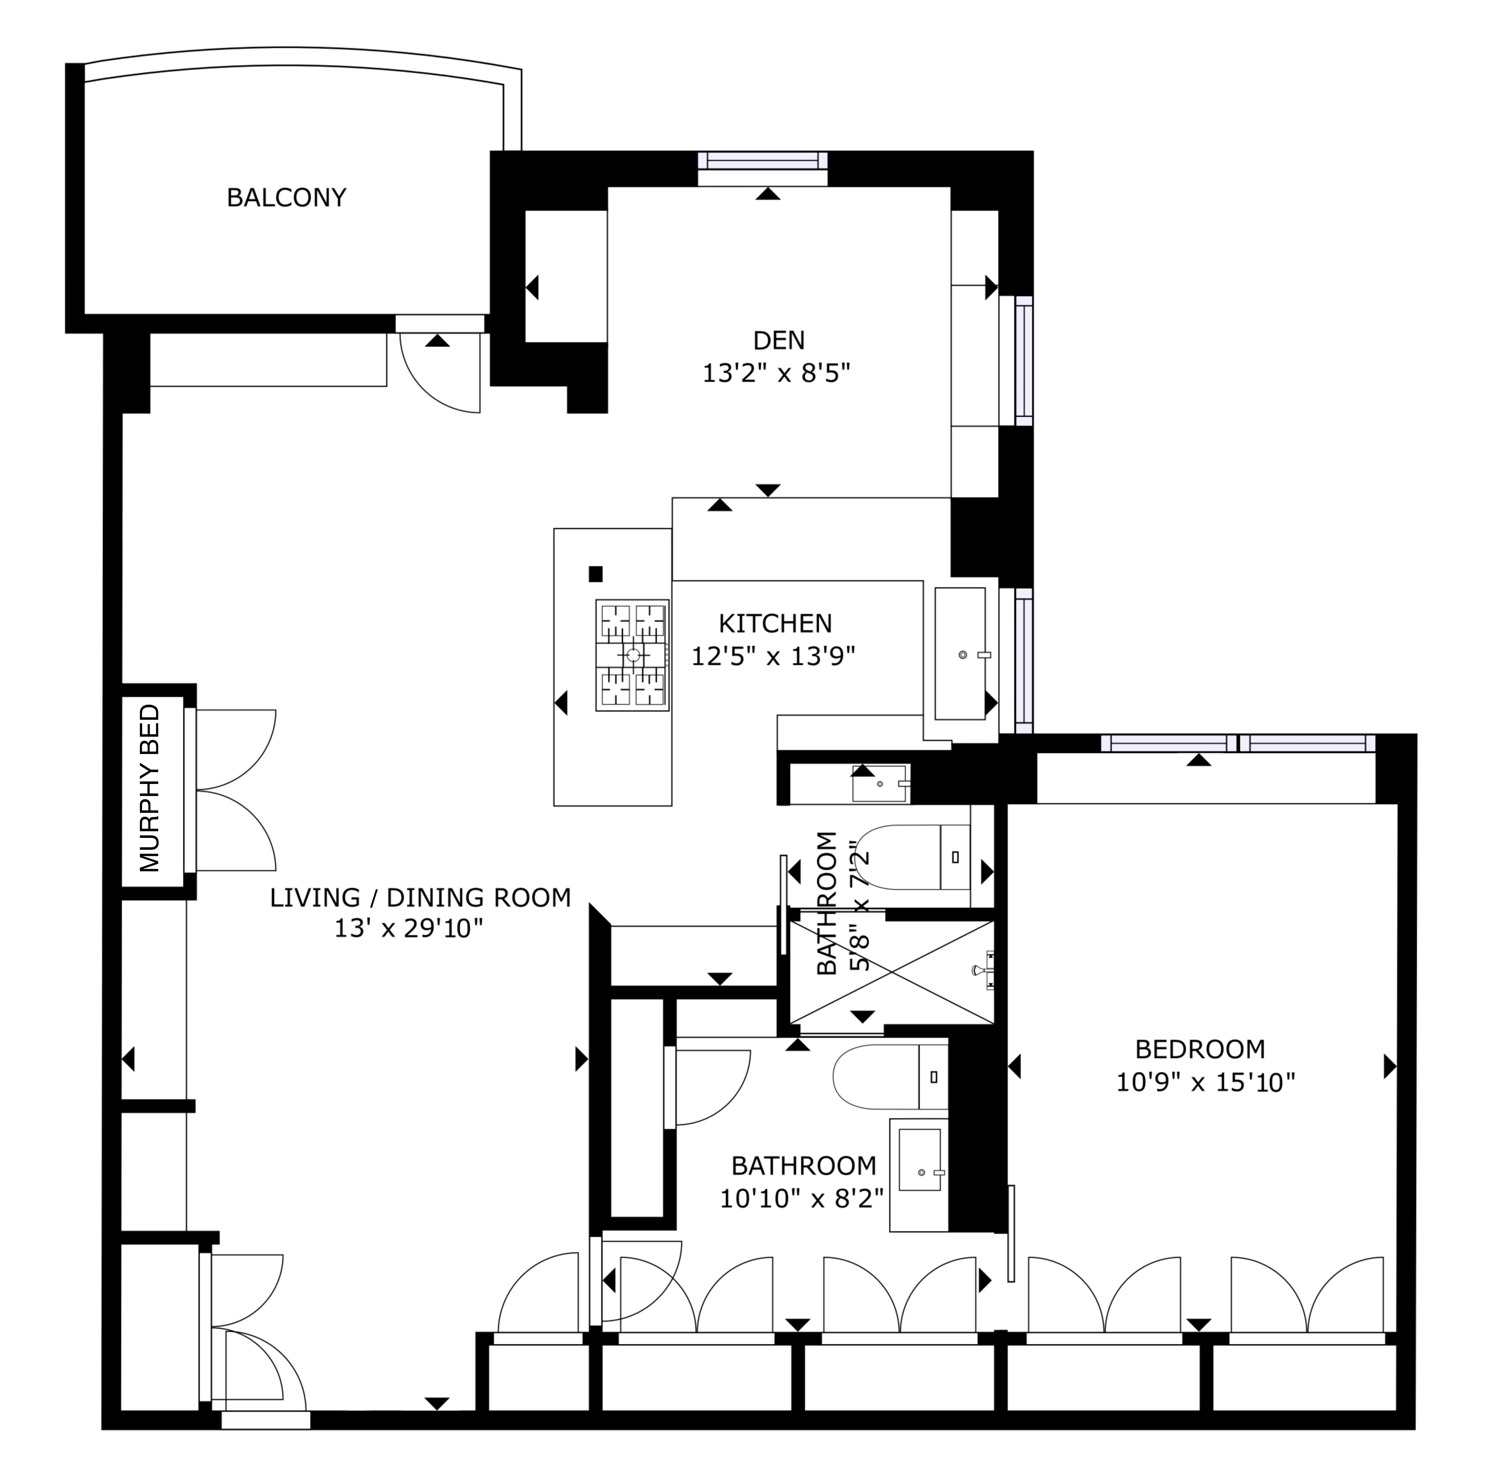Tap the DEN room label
click(x=779, y=340)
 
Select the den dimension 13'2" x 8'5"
click(x=776, y=374)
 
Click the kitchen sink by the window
click(x=960, y=654)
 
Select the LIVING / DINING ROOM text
click(x=420, y=898)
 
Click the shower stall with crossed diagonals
click(x=891, y=972)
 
